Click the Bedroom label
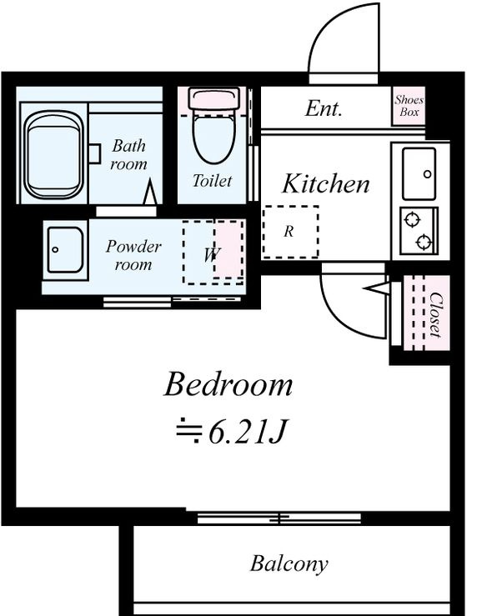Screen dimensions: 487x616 coord(228,384)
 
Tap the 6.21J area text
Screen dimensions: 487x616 coord(232,432)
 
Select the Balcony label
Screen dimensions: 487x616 coord(289,564)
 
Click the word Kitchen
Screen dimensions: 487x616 coord(326,183)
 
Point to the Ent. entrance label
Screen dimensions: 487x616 coord(324,108)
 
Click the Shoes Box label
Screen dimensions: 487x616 coord(409,106)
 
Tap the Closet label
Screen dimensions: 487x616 coord(435,315)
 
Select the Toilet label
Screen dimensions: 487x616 coord(213,181)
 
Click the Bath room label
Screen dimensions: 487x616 coord(128,154)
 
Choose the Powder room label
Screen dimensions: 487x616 coord(133,255)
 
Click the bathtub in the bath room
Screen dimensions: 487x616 coord(54,155)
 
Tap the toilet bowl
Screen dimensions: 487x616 coord(214,138)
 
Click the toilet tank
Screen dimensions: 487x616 coord(213,98)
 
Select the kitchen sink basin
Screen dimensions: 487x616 coord(419,173)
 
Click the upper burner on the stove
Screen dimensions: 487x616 coord(412,219)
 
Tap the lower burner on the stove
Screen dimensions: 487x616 coord(424,241)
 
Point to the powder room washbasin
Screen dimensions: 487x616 coord(65,250)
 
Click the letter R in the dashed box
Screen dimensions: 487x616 coord(289,232)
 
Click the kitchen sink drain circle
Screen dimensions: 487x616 coord(428,173)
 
